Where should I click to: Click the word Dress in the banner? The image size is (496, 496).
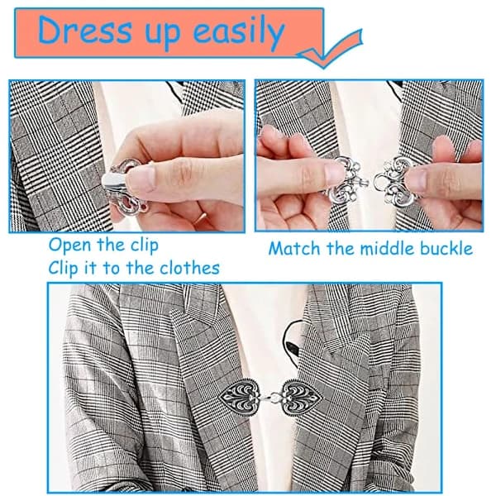[x=84, y=31]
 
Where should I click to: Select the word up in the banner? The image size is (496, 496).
[x=162, y=36]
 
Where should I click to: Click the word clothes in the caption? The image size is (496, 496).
[x=189, y=268]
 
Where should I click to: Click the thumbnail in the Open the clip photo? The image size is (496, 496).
[x=141, y=179]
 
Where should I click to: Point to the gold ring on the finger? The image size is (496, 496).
[x=200, y=218]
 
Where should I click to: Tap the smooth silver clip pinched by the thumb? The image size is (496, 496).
[x=114, y=181]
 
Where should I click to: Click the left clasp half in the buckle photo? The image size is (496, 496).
[x=346, y=181]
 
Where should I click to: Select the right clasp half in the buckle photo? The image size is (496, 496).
[x=393, y=180]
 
